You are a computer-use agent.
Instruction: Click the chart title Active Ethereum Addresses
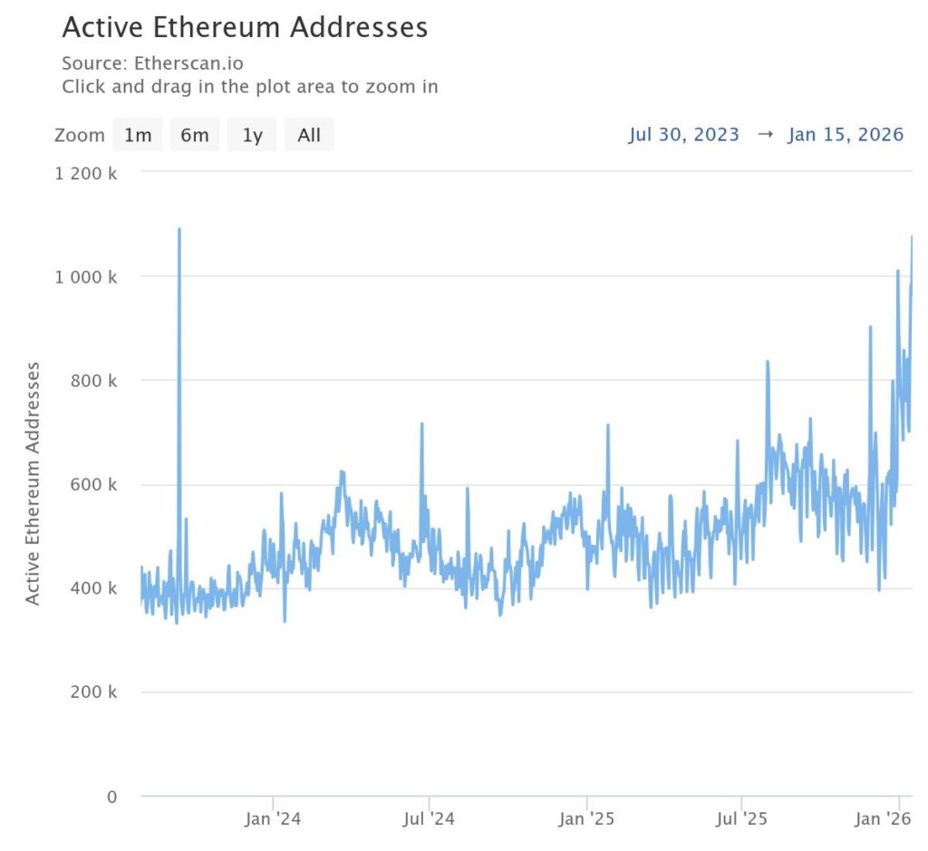(245, 27)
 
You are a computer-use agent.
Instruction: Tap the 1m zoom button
(138, 135)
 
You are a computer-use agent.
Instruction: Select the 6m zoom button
(194, 135)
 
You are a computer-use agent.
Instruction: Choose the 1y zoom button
(252, 135)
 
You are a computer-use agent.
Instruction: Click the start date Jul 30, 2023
(684, 134)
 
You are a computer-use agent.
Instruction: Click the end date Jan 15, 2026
(846, 134)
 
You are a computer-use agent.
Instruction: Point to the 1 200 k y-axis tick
(86, 172)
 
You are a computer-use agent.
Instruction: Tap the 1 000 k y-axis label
(86, 276)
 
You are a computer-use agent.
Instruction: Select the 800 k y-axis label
(94, 381)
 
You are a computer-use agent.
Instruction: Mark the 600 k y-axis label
(94, 485)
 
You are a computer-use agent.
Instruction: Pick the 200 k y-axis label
(94, 692)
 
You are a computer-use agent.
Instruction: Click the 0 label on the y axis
(111, 797)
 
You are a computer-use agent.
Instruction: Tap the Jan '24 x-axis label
(273, 820)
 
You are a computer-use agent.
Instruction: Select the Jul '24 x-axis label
(428, 820)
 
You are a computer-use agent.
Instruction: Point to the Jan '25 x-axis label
(586, 820)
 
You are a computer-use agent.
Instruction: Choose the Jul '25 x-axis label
(741, 820)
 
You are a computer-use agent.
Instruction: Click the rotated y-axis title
(33, 483)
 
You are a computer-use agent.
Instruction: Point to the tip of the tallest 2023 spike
(179, 229)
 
